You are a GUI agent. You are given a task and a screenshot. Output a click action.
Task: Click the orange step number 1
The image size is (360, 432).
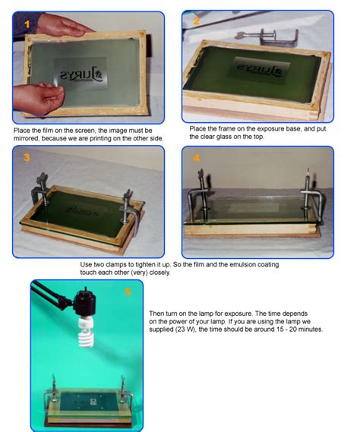click(27, 24)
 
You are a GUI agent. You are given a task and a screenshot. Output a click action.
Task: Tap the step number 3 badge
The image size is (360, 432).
click(27, 158)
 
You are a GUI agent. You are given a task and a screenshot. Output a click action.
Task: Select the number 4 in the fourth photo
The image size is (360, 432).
click(197, 159)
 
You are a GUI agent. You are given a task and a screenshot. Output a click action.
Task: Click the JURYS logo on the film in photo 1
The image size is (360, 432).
click(87, 74)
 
